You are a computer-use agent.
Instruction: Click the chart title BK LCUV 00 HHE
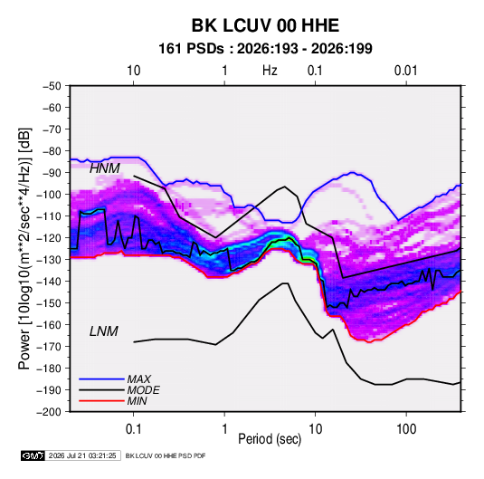tap(265, 25)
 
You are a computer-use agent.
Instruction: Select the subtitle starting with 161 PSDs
tap(265, 49)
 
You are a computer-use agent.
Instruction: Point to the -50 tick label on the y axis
tap(52, 86)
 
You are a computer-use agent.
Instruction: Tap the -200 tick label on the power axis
tap(49, 412)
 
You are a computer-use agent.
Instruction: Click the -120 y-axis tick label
tap(49, 238)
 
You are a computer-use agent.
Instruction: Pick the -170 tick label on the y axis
tap(49, 347)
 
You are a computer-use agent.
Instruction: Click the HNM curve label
tap(105, 168)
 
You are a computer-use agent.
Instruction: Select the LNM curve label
tap(104, 331)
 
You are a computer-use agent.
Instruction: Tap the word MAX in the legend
tap(139, 379)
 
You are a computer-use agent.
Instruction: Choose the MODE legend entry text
tap(144, 390)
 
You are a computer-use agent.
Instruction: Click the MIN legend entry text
tap(137, 401)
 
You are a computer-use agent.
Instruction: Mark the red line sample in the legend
tap(101, 401)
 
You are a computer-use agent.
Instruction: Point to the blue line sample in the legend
tap(101, 378)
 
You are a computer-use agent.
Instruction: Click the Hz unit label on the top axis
tap(270, 71)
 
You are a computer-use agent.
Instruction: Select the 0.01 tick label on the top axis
tap(405, 71)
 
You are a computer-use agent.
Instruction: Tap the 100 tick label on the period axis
tap(406, 429)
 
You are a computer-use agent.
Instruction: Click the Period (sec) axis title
tap(270, 439)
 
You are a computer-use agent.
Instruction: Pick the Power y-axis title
tap(24, 249)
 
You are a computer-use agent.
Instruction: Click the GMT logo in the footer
tap(33, 455)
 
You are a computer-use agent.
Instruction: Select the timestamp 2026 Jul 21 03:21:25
tap(82, 455)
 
